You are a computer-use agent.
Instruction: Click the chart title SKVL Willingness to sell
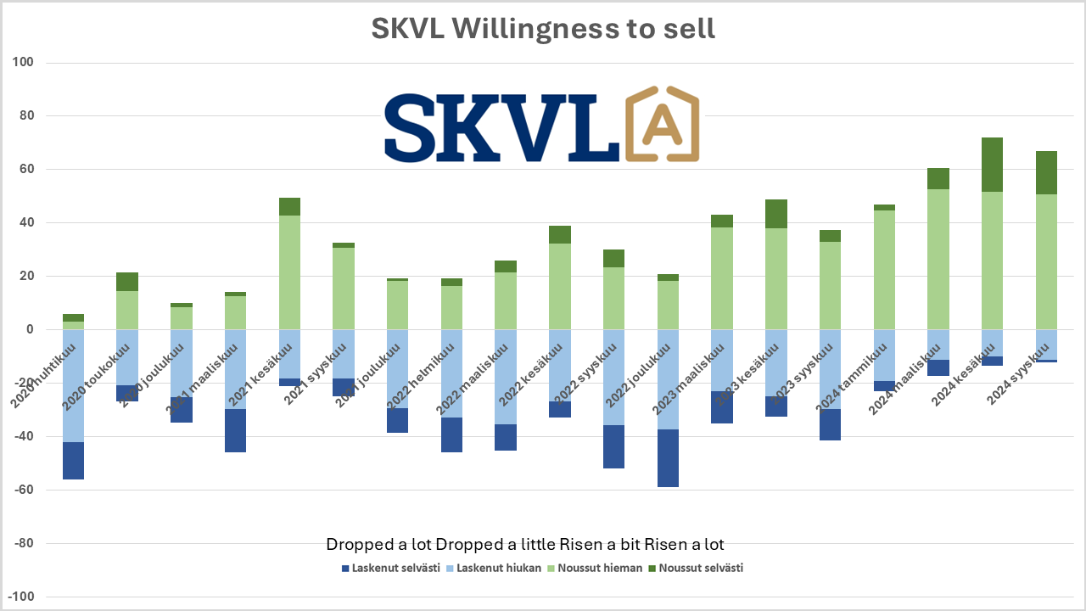pyautogui.click(x=543, y=28)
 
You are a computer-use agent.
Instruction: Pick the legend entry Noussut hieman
pyautogui.click(x=599, y=568)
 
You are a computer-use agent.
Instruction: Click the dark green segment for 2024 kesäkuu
pyautogui.click(x=992, y=165)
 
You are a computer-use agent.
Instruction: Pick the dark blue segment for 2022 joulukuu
pyautogui.click(x=668, y=458)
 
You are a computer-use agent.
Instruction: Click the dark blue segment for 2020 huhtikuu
pyautogui.click(x=73, y=461)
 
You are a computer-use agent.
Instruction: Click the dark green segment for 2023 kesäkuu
pyautogui.click(x=775, y=214)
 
